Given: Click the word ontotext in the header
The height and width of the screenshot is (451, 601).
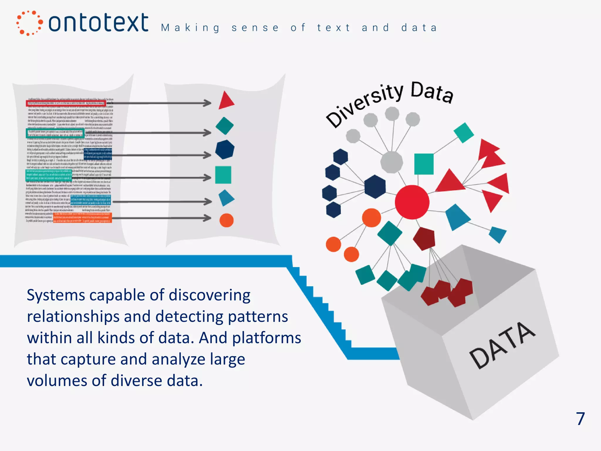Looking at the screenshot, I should pos(98,23).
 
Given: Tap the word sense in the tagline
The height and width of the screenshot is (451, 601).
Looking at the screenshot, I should pos(255,28).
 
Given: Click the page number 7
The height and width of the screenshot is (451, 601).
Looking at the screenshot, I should pos(580,418).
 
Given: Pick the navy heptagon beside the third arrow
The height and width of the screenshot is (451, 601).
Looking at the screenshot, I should pos(224,149).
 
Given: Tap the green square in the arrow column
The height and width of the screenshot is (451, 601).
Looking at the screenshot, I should pos(223,175).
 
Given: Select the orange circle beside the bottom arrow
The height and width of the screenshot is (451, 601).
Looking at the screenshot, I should pos(226,220).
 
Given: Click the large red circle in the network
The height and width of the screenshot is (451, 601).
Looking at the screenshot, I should pos(412,202).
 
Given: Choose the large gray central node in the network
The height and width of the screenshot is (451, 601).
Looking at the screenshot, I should pos(391,162).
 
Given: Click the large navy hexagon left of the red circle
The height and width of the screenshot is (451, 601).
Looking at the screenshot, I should pos(375,186).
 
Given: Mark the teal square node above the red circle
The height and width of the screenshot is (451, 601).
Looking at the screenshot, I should pos(424,164).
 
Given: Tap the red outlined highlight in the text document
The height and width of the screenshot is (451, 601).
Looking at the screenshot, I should pos(66,103).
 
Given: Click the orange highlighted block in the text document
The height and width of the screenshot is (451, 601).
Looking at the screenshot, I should pos(82,218).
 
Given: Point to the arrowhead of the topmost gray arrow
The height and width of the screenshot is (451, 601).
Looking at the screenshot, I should pos(207,103).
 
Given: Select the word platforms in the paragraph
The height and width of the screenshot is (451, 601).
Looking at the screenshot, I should pos(266,338).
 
